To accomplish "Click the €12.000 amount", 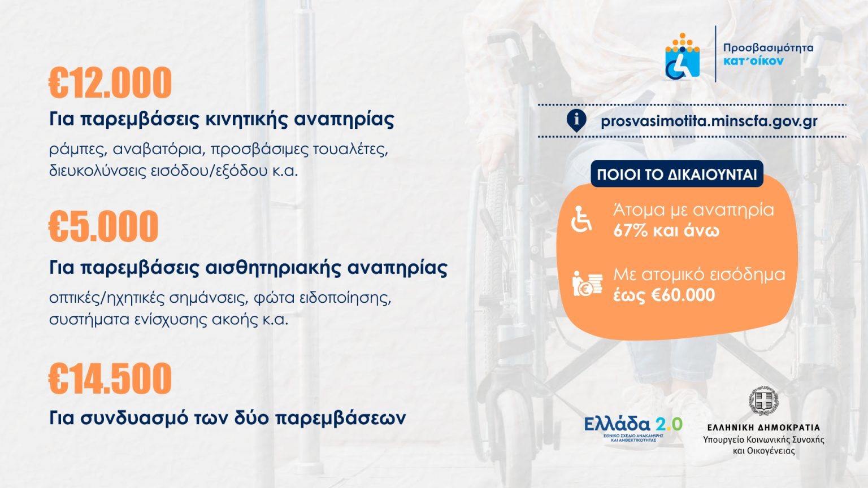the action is [x=110, y=82].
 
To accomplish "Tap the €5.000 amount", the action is [x=103, y=226].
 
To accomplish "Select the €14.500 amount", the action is [x=110, y=378].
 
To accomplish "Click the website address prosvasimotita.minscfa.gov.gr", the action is [x=709, y=121].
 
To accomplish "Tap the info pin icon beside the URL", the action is [x=576, y=120].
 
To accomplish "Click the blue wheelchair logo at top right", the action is [x=683, y=56].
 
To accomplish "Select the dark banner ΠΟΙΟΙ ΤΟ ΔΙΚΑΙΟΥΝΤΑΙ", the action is [x=677, y=174].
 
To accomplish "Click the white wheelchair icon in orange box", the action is [x=581, y=219].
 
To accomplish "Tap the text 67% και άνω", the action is [x=666, y=231].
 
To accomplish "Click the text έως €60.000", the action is [x=664, y=295].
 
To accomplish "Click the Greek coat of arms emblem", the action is [x=764, y=401].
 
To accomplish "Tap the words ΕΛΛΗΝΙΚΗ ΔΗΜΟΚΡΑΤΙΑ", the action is [x=764, y=428].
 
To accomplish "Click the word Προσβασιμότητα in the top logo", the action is [x=768, y=48].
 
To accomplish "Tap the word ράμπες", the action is [x=78, y=150].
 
